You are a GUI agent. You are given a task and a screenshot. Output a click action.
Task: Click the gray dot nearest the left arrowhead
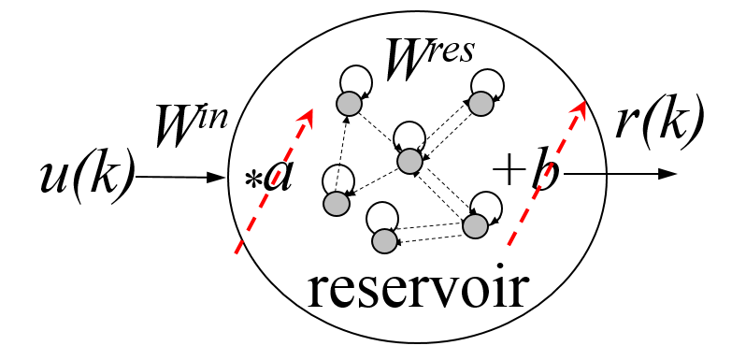(x=349, y=104)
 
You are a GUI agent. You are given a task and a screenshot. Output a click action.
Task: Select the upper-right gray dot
(x=481, y=104)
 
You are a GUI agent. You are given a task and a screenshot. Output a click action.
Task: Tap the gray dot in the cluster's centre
(x=409, y=161)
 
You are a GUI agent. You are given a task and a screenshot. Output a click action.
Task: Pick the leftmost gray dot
(x=337, y=204)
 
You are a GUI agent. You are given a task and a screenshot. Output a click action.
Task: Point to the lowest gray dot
(x=384, y=241)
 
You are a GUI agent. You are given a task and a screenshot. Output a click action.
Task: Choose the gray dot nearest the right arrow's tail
(x=475, y=226)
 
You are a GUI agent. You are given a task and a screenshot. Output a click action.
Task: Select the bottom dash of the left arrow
(x=238, y=247)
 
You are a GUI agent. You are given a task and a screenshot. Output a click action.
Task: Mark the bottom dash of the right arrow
(x=511, y=239)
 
